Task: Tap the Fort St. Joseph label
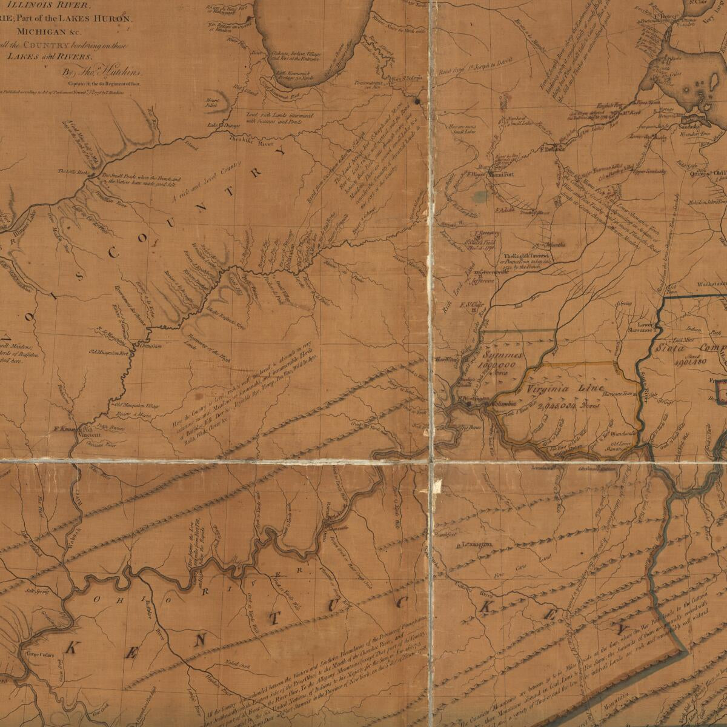407,78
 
